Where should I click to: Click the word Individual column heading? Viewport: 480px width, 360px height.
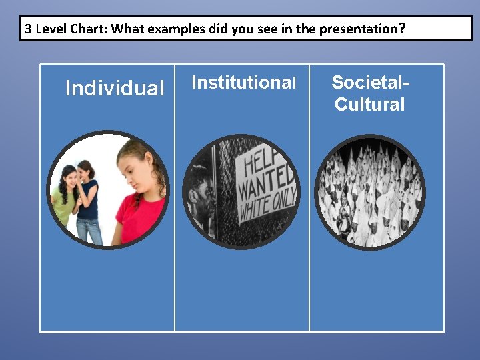point(115,88)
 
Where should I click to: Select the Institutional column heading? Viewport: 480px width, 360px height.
point(243,83)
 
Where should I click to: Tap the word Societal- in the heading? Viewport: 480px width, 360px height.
point(371,83)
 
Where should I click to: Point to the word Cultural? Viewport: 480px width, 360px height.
point(369,105)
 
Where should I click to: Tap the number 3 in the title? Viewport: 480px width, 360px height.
point(28,29)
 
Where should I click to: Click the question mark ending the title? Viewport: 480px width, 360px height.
point(402,29)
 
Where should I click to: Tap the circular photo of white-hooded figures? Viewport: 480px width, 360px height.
point(369,193)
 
